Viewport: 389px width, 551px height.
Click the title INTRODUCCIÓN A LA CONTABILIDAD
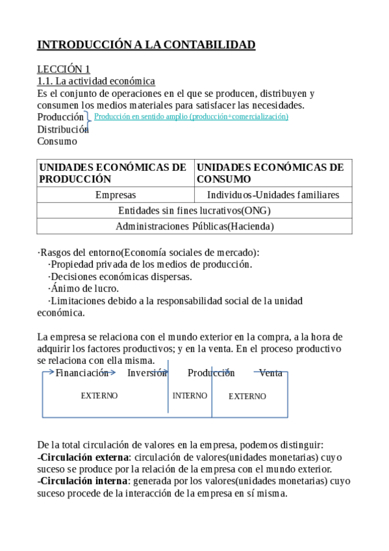click(146, 45)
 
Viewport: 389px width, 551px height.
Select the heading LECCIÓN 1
click(64, 69)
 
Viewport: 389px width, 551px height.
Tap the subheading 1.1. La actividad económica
click(96, 81)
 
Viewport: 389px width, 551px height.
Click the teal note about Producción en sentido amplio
click(191, 116)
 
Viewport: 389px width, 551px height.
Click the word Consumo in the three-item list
click(57, 141)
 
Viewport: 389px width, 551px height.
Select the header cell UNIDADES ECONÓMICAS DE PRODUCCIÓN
click(114, 173)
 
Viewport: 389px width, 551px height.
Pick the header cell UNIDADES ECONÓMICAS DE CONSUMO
click(272, 173)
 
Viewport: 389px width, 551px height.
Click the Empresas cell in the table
click(116, 195)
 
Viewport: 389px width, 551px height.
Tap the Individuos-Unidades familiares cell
click(273, 195)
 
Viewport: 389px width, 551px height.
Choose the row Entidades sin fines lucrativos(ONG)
click(194, 211)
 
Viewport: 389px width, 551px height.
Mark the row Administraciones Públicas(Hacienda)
click(194, 226)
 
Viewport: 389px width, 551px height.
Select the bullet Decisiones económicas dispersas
click(120, 276)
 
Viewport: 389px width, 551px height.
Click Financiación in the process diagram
click(82, 373)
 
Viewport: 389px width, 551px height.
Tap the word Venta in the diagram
click(271, 373)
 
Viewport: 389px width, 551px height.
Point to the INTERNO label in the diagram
click(190, 396)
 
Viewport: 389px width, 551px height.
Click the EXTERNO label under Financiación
click(99, 396)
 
